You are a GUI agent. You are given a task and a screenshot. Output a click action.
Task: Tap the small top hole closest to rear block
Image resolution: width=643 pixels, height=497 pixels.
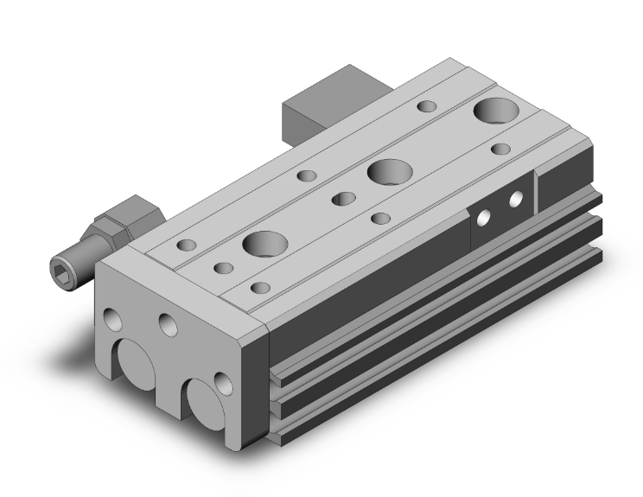click(x=426, y=106)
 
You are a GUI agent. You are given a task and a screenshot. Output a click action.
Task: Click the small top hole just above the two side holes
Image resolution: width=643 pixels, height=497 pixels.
click(x=500, y=149)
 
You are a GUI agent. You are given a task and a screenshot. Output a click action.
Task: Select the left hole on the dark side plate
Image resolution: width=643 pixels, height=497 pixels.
click(x=486, y=217)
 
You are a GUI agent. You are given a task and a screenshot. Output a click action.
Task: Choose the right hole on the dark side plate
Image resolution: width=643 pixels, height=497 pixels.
click(x=516, y=200)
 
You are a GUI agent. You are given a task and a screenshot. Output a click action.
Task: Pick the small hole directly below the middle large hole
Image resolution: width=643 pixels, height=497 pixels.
click(x=379, y=216)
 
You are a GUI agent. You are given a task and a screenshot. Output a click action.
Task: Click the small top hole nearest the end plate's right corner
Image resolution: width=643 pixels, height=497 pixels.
click(x=257, y=286)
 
